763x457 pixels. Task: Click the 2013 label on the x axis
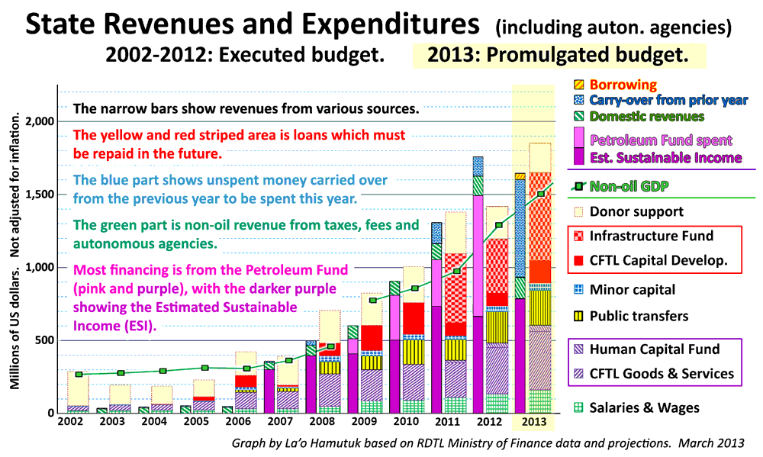(533, 420)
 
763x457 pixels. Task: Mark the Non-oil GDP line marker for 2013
(541, 194)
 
